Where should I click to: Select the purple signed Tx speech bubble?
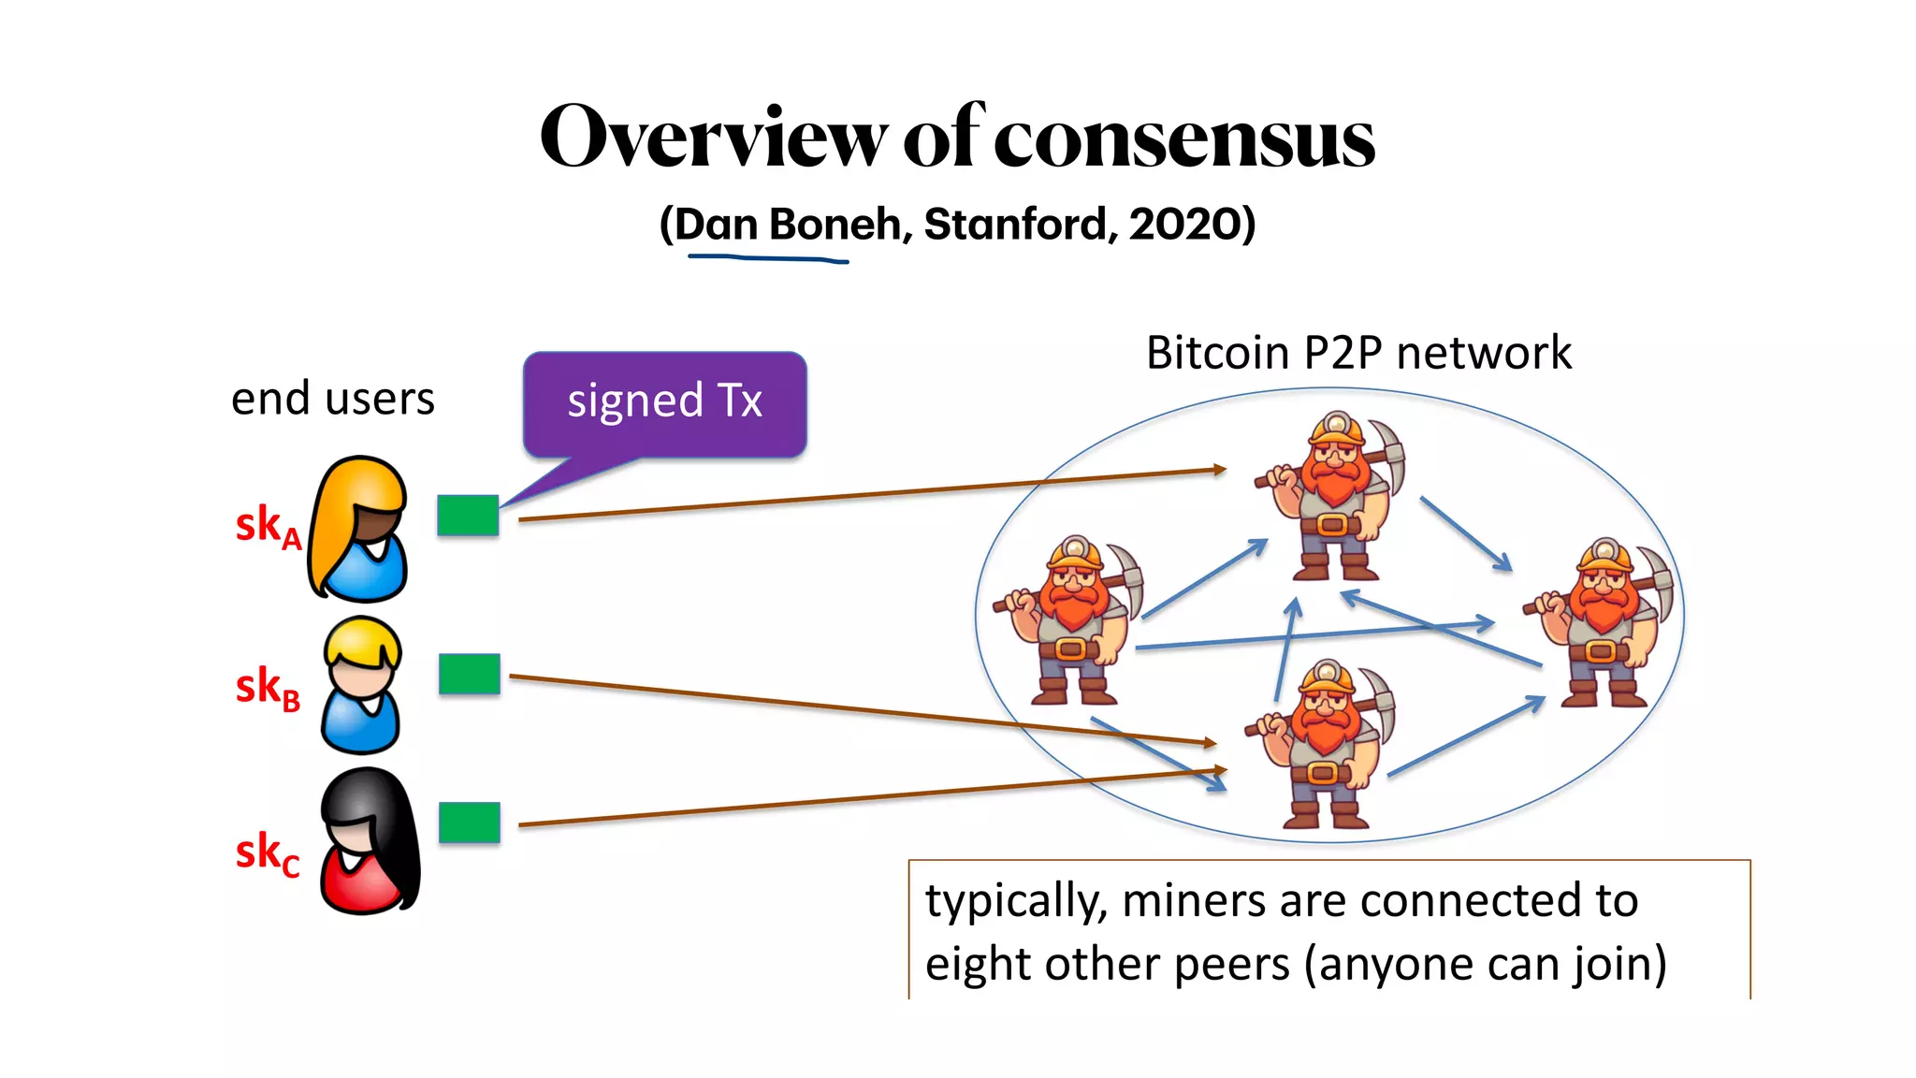click(664, 403)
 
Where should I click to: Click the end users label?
click(332, 399)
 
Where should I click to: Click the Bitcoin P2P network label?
click(1357, 354)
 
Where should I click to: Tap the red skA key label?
click(267, 526)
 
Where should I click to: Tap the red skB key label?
click(267, 688)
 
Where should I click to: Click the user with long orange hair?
click(360, 529)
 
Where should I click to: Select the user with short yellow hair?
click(362, 686)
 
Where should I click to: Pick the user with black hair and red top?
click(370, 842)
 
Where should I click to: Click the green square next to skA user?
click(468, 516)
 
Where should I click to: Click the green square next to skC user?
click(469, 823)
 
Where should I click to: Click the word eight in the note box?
click(979, 964)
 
